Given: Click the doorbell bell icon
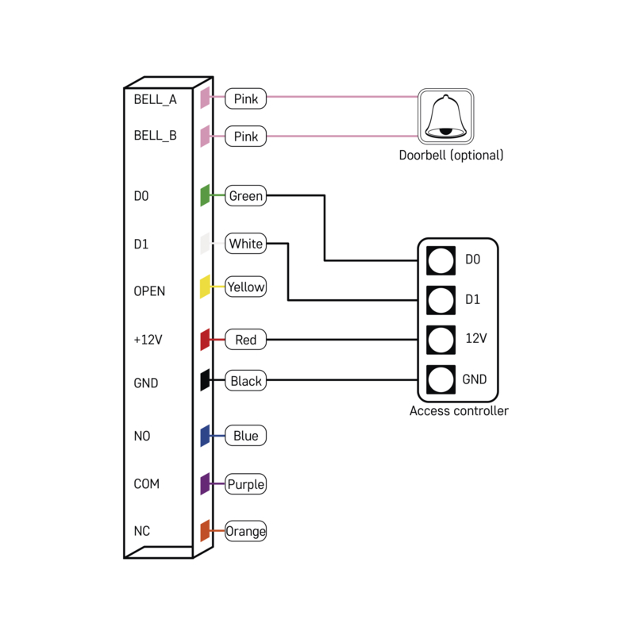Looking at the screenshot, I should coord(445,117).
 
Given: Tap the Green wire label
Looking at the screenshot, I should coord(245,195).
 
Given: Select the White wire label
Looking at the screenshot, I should coord(245,244).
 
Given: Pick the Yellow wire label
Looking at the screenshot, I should coord(245,287).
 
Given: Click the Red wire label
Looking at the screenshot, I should coord(245,340).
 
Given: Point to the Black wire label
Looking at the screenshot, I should coord(245,381).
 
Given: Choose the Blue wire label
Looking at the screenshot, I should coord(245,436).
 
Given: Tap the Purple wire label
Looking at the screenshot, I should coord(245,484).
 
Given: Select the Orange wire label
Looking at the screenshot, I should coord(245,531).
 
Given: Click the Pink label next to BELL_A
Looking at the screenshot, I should coord(245,99).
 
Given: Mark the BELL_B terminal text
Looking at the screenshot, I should coord(155,136).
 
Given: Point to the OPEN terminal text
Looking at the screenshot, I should coord(149,291).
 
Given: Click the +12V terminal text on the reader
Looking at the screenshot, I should coord(148,340).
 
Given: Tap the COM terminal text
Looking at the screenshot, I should coord(146,484).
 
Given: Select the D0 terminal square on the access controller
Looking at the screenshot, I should coord(440,260).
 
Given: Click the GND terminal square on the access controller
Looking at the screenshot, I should coord(440,379).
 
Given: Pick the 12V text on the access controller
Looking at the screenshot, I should coord(475,339).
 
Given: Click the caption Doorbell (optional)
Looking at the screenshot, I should coord(451,156).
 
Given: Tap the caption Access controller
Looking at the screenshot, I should coord(459,411).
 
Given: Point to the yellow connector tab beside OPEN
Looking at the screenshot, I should coord(205,287).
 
